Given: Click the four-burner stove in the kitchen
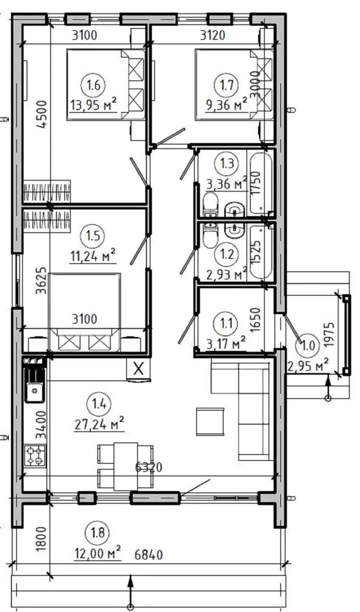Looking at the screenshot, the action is (35, 456).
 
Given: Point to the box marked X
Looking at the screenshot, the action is (138, 368).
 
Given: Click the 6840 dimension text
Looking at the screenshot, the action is (149, 554).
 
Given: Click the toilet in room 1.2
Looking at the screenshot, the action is (211, 235).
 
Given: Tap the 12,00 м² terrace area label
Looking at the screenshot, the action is (98, 553).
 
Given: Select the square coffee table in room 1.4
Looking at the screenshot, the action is (210, 422).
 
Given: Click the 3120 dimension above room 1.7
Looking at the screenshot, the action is (213, 36).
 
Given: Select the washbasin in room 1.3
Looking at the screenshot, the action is (234, 211).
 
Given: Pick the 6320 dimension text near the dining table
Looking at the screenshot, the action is (149, 467).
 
